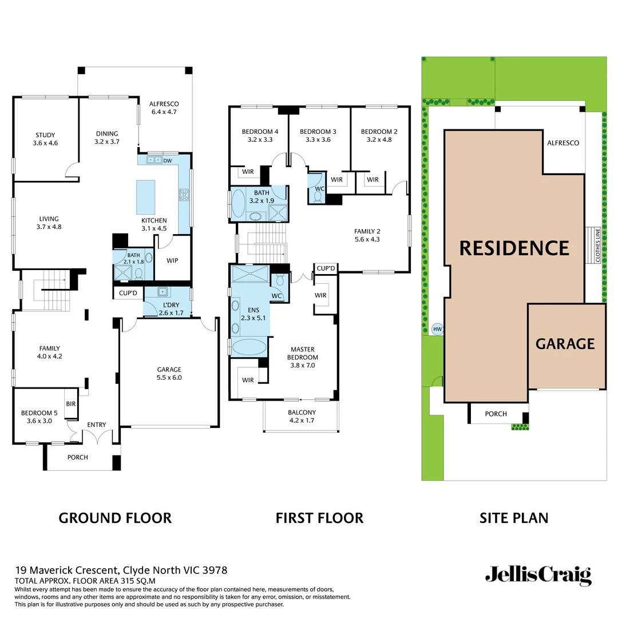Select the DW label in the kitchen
pos(168,161)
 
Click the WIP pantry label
pos(172,260)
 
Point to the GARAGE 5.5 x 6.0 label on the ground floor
pos(169,373)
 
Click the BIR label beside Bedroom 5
pos(71,404)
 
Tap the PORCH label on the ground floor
pos(78,457)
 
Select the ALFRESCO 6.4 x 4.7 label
pos(164,108)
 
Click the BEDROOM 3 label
pos(318,135)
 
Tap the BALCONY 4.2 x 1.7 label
pos(302,416)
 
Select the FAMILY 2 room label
pos(367,235)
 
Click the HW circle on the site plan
pos(438,329)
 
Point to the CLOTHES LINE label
pos(598,246)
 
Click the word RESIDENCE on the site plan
pos(514,248)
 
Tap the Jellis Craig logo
pos(538,575)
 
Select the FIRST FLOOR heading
pos(319,518)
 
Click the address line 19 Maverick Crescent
pos(121,570)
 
